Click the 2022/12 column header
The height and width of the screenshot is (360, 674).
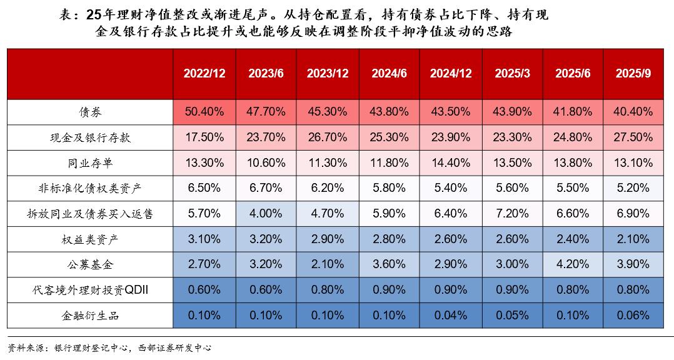(x=204, y=73)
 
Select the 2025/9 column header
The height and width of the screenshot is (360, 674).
(x=633, y=73)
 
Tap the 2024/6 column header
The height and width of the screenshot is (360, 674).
(x=389, y=73)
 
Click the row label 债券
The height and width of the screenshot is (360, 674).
(x=90, y=112)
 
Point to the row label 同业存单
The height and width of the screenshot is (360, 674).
(x=90, y=163)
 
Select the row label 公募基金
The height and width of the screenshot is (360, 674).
(x=90, y=264)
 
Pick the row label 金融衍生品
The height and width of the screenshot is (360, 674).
(x=90, y=316)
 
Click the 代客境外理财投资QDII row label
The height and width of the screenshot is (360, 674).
(x=90, y=290)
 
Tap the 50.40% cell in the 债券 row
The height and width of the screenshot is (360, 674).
(x=204, y=112)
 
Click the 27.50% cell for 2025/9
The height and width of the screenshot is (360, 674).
(x=633, y=137)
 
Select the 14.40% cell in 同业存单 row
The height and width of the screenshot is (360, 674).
(x=451, y=163)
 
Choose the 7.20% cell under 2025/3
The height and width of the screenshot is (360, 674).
(x=512, y=214)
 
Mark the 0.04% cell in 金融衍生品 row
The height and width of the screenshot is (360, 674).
(x=451, y=316)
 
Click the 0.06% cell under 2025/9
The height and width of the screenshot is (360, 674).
(x=633, y=316)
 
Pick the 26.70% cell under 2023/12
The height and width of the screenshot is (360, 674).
(x=328, y=137)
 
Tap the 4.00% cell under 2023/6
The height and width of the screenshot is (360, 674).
(x=266, y=214)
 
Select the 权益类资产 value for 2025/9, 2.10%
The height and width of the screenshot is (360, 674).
(x=633, y=239)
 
